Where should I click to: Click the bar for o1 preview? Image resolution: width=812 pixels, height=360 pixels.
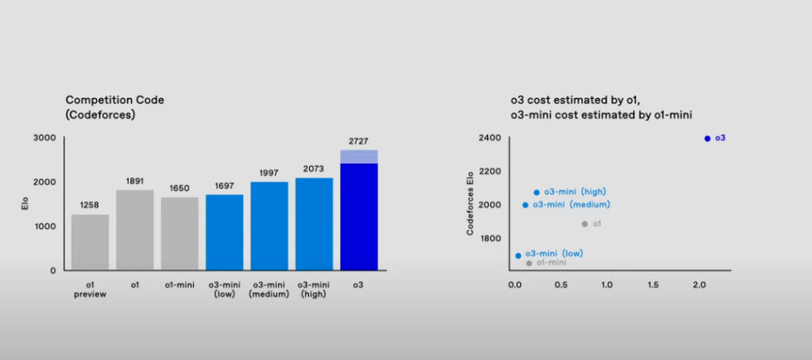point(90,242)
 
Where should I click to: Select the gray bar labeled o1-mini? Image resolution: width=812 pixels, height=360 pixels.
point(180,233)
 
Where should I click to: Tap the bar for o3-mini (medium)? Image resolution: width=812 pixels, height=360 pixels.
point(269,225)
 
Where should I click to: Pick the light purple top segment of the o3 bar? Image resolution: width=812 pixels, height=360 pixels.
point(359,156)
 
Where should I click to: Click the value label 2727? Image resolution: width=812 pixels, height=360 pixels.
point(359,141)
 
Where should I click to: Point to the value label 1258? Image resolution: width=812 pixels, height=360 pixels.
point(90,205)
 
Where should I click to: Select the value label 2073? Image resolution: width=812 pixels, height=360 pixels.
point(314,169)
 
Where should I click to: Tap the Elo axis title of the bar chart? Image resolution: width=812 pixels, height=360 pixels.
point(24,203)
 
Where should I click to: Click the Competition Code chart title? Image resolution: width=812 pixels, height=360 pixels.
point(114,107)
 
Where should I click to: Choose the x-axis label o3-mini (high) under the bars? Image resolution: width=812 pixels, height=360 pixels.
point(314,289)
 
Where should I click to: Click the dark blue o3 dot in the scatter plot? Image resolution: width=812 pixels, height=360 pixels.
point(707,138)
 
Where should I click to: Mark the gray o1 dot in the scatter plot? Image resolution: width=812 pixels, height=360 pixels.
point(585,224)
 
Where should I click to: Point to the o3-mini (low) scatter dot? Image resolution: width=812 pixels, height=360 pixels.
point(518,256)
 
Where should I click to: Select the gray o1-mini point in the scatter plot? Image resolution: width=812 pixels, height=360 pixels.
point(529,263)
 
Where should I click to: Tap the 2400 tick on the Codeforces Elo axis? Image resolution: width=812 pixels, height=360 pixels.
point(491,138)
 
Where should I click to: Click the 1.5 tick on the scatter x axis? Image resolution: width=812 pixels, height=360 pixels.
point(653,286)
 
